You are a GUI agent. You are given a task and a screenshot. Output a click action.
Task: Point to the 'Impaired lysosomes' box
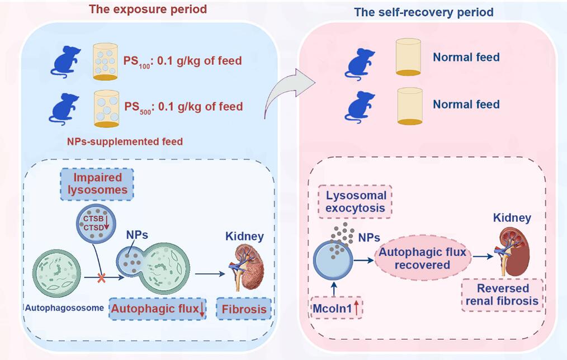pyautogui.click(x=99, y=184)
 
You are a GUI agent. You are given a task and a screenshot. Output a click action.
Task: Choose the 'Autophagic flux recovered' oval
pyautogui.click(x=422, y=258)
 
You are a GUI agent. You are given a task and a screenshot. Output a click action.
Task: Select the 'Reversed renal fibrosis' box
pyautogui.click(x=503, y=295)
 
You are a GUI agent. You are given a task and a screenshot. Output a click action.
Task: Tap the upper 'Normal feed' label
pyautogui.click(x=466, y=57)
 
